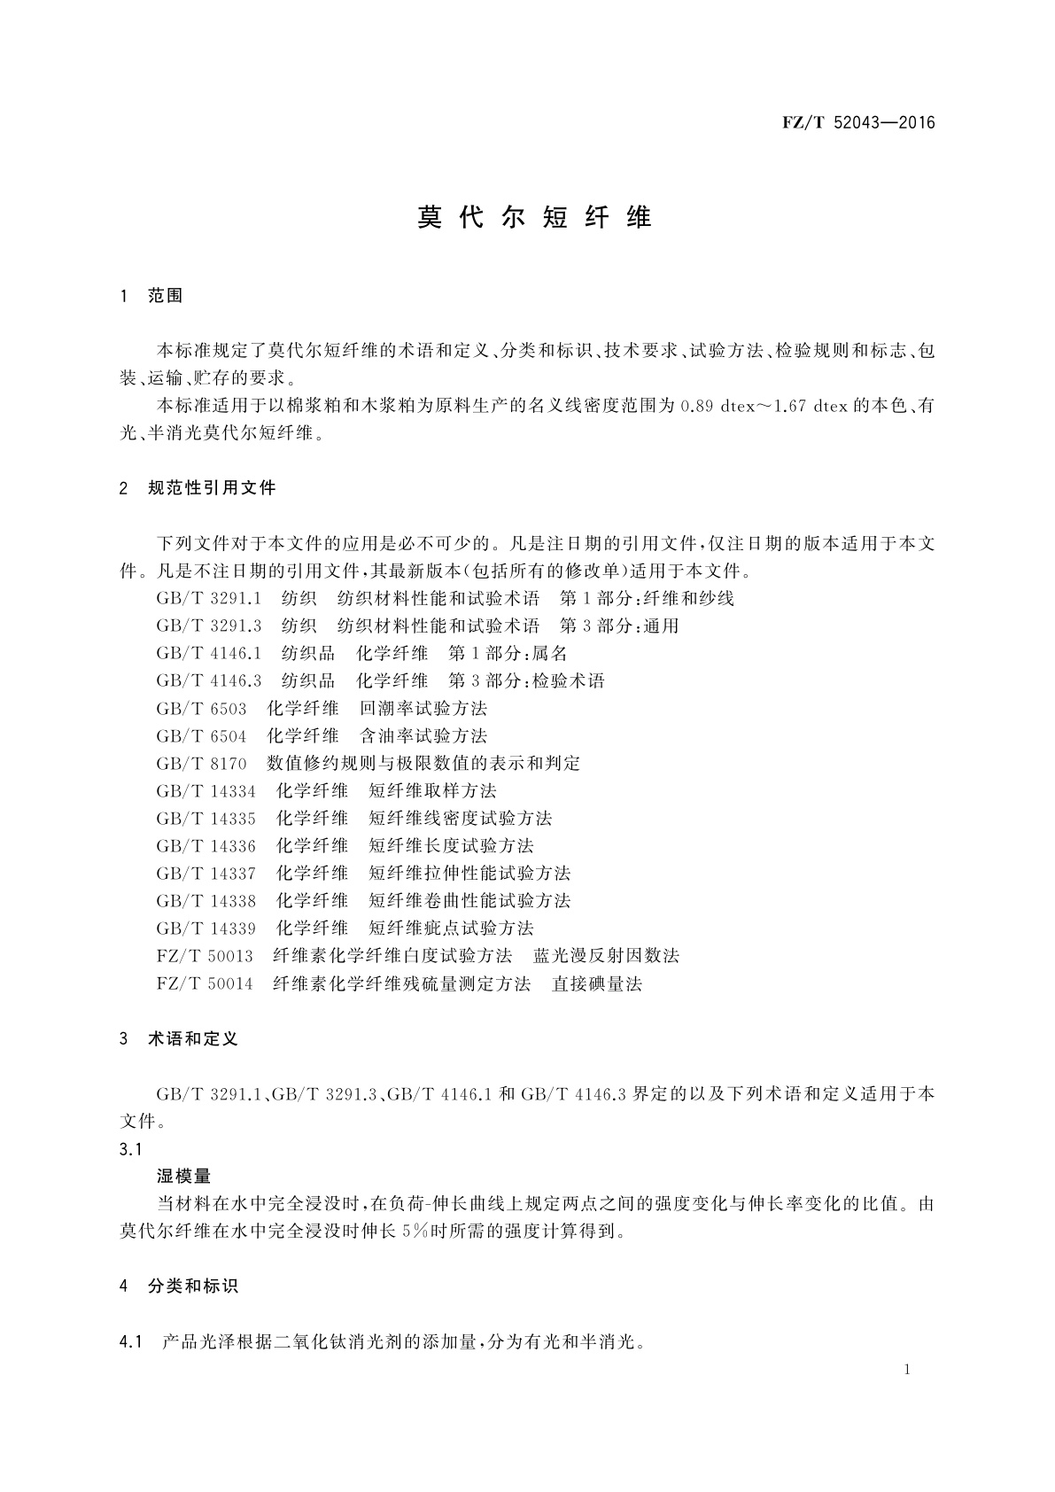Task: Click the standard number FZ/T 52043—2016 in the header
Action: (x=858, y=123)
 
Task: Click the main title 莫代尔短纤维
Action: (x=534, y=218)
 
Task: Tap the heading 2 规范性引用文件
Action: (x=198, y=487)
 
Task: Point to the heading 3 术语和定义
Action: (x=179, y=1038)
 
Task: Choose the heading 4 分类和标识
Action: (x=179, y=1286)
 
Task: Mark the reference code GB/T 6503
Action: (x=201, y=709)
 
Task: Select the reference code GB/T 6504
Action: (x=201, y=736)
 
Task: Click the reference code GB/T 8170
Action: (x=201, y=764)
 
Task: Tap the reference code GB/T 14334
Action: (x=206, y=791)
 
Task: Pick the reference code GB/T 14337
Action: (x=206, y=874)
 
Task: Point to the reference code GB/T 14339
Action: (x=206, y=929)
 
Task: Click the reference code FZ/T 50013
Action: (x=205, y=956)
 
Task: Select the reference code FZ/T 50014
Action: (x=205, y=984)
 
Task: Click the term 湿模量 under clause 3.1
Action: (x=183, y=1177)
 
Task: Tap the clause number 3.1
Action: (x=130, y=1149)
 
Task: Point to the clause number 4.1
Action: (x=130, y=1341)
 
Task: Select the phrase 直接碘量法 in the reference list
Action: (x=597, y=984)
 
